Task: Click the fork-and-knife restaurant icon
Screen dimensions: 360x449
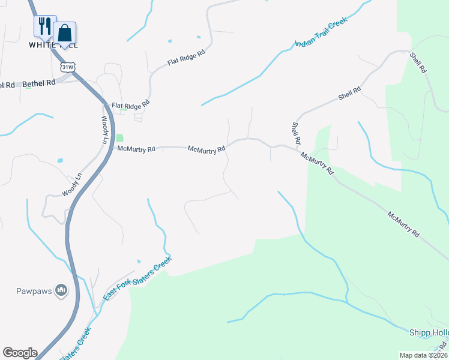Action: [44, 26]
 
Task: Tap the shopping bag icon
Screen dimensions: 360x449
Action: [64, 33]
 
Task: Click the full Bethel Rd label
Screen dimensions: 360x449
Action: [38, 83]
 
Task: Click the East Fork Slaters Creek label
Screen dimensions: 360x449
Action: [137, 279]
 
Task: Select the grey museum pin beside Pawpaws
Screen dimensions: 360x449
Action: [61, 291]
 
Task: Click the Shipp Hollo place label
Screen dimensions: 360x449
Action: [429, 333]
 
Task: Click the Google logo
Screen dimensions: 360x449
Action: [20, 353]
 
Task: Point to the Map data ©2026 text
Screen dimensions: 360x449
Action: [423, 355]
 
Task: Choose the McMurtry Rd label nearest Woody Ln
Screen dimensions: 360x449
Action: [136, 148]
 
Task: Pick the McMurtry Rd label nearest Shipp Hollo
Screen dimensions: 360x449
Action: [403, 224]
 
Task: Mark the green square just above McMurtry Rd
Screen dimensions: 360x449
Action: [119, 138]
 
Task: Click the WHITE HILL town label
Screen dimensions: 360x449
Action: [53, 45]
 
